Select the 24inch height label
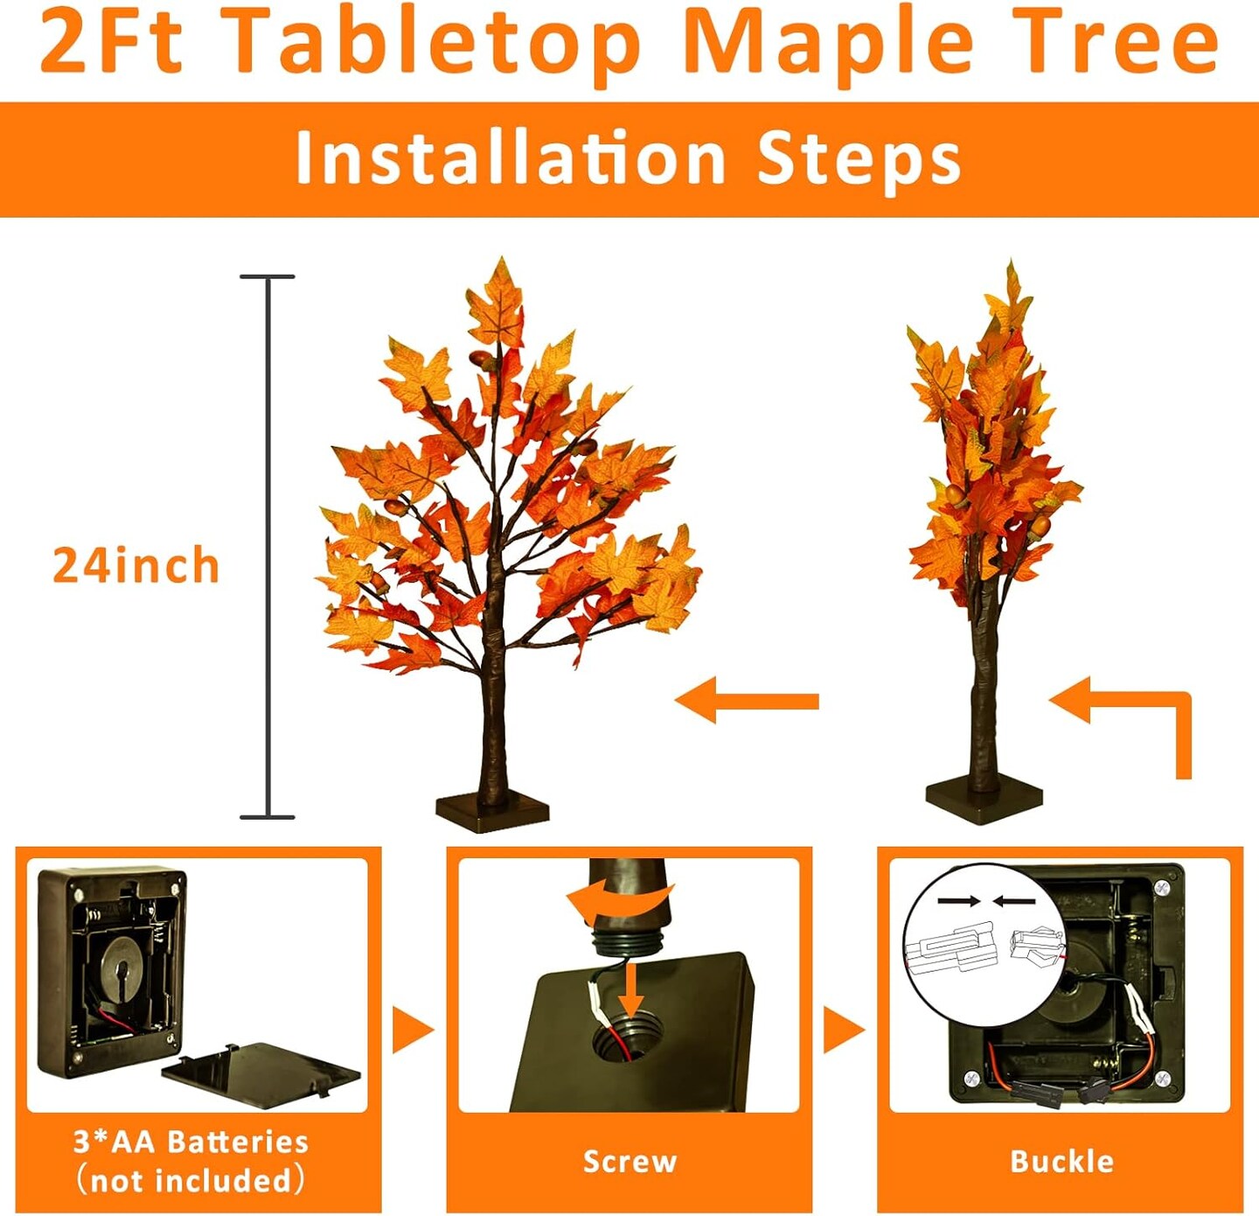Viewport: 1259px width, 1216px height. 136,565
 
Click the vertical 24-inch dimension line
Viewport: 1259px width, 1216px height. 268,547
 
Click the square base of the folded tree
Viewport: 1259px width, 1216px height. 984,804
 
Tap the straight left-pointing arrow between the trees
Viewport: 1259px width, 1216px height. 747,700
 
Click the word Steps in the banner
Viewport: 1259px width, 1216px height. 859,161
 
